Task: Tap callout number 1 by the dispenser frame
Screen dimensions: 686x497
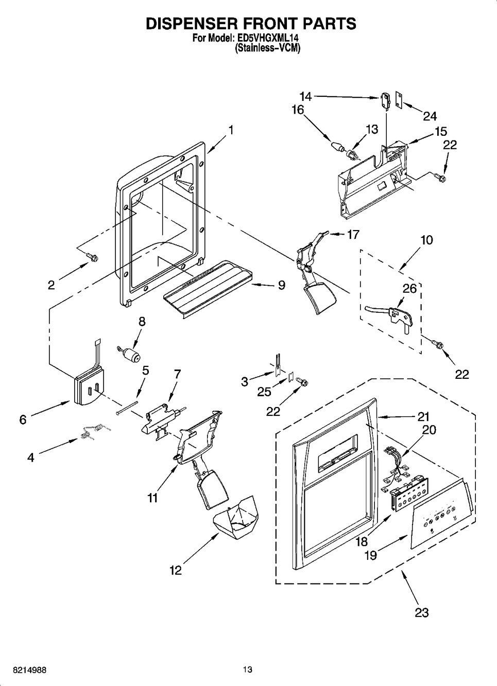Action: coord(231,130)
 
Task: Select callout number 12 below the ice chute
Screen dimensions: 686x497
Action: coord(176,570)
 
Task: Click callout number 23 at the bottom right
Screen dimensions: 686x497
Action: coord(421,612)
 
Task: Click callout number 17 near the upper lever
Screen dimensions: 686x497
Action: coord(353,234)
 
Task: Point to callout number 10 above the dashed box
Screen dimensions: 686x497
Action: coord(426,240)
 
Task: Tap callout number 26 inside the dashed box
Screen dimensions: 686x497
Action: coord(409,289)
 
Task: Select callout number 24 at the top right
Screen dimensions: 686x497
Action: coord(430,116)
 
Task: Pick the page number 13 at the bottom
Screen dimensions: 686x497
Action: coord(248,670)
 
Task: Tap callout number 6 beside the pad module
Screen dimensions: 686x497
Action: coord(23,419)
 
